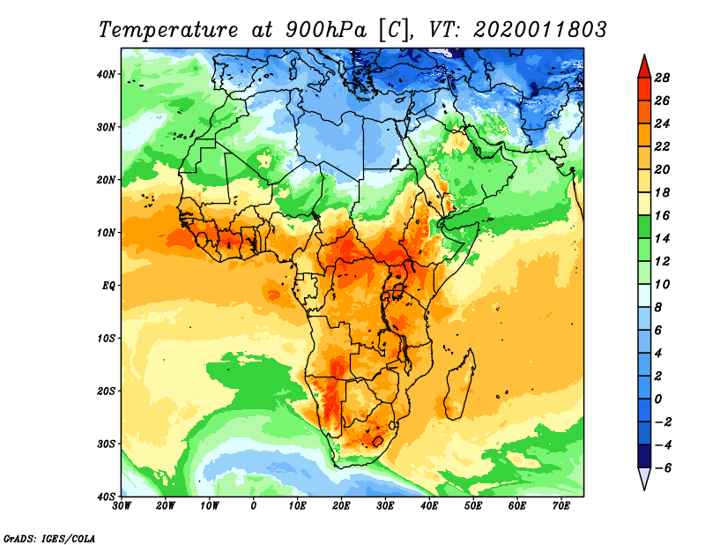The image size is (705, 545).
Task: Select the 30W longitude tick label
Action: [122, 506]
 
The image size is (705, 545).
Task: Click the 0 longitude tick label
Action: [254, 506]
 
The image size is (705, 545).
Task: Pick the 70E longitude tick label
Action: [560, 506]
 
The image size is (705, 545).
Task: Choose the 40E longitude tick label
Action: [429, 506]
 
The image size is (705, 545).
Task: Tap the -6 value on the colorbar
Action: [663, 467]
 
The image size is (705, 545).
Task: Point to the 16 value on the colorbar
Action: [663, 214]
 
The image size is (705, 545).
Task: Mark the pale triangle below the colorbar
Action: [643, 479]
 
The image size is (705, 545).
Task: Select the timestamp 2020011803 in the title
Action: [540, 29]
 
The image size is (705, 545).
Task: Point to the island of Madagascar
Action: [460, 384]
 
